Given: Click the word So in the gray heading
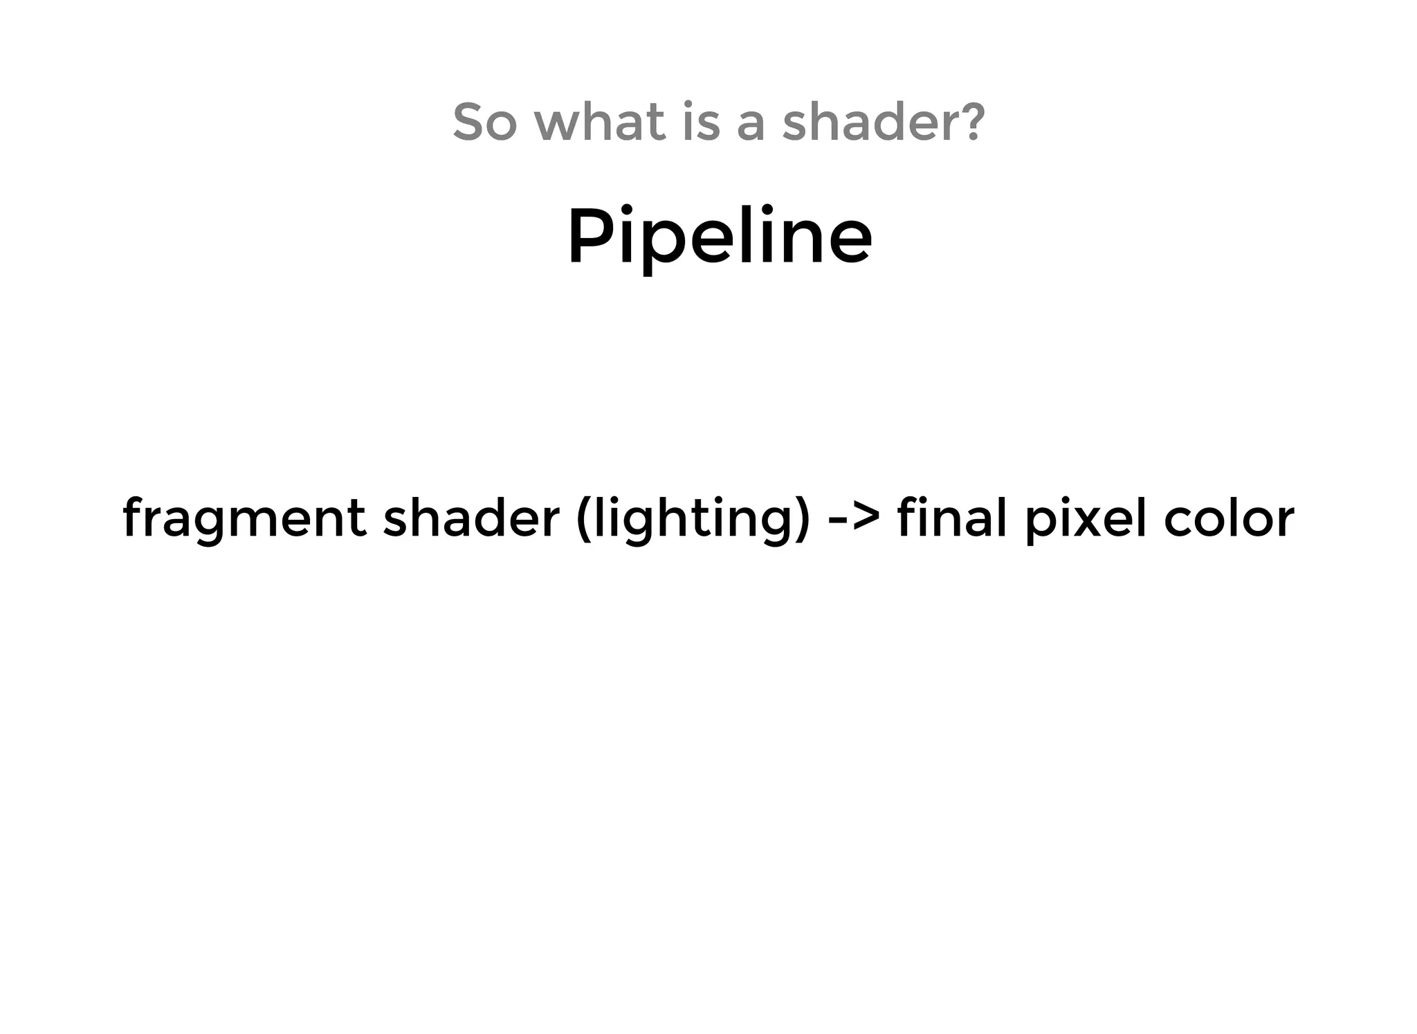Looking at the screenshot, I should pyautogui.click(x=484, y=122).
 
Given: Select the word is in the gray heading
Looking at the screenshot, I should pyautogui.click(x=700, y=122).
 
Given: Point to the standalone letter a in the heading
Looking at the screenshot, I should pyautogui.click(x=751, y=125).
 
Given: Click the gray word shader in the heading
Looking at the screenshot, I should pyautogui.click(x=872, y=122).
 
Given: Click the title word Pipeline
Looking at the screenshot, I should pyautogui.click(x=720, y=237).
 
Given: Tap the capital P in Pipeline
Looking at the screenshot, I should pyautogui.click(x=588, y=235).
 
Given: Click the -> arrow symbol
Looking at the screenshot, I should pyautogui.click(x=854, y=519).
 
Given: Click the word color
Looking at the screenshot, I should pyautogui.click(x=1229, y=519).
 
